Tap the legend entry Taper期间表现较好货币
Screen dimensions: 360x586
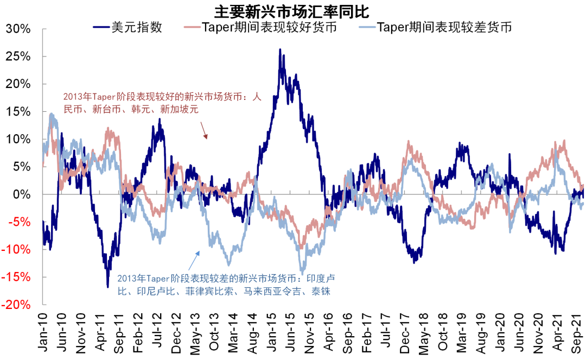click(261, 27)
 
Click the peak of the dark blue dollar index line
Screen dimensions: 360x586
click(280, 49)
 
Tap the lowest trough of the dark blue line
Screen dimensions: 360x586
click(108, 286)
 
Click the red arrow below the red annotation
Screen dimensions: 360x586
click(204, 130)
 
